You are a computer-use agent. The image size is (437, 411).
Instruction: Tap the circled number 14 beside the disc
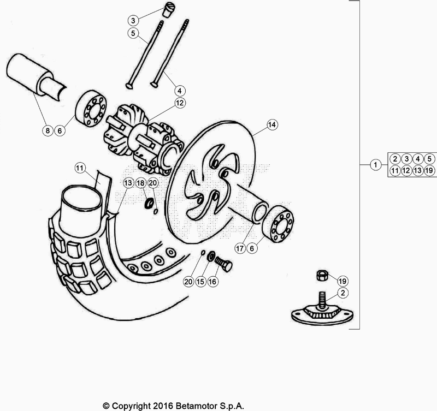pyautogui.click(x=272, y=125)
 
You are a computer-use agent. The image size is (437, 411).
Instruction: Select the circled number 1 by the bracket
pyautogui.click(x=375, y=164)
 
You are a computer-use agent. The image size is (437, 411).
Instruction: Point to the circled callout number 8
pyautogui.click(x=47, y=130)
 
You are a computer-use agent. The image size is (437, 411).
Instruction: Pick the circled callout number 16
pyautogui.click(x=212, y=282)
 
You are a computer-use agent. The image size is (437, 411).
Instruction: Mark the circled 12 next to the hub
pyautogui.click(x=180, y=102)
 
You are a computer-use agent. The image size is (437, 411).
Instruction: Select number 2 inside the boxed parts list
pyautogui.click(x=394, y=159)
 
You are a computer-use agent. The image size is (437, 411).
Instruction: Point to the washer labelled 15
pyautogui.click(x=210, y=257)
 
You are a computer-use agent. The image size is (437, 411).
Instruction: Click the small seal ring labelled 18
pyautogui.click(x=147, y=203)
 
